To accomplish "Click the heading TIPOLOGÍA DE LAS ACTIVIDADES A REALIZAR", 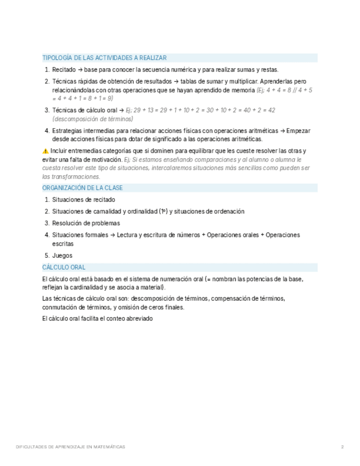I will (x=104, y=58).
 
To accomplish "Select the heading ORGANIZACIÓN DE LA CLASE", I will (x=82, y=188).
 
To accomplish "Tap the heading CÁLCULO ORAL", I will (x=64, y=268).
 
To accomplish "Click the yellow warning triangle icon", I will (x=45, y=151).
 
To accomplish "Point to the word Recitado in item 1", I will (x=64, y=70).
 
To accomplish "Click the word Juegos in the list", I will (x=62, y=256).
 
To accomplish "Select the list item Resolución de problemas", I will (x=86, y=223).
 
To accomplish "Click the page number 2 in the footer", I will (x=342, y=447).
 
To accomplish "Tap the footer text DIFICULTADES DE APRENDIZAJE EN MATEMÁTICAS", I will (x=70, y=447).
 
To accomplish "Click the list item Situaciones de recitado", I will (x=84, y=200).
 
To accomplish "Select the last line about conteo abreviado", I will (x=97, y=319).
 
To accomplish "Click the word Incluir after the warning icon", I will (x=59, y=151).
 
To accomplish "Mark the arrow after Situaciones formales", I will (x=113, y=235).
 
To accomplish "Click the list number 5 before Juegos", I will (x=47, y=256).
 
